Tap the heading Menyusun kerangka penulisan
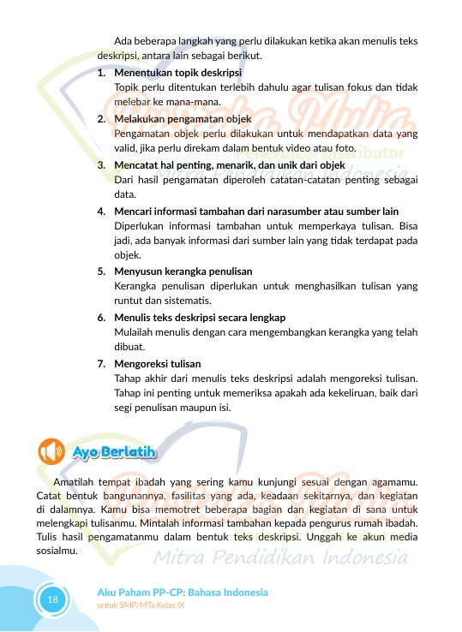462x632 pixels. pos(171,271)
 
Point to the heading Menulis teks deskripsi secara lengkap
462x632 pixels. pos(200,317)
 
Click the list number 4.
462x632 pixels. pos(101,211)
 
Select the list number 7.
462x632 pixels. pos(101,362)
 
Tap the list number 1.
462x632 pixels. pos(101,73)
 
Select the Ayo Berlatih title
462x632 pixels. pos(114,451)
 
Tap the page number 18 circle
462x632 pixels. pos(52,599)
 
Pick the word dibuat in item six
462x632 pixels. pos(129,348)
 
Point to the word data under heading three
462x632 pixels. pos(124,194)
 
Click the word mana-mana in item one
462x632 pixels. pos(171,103)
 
